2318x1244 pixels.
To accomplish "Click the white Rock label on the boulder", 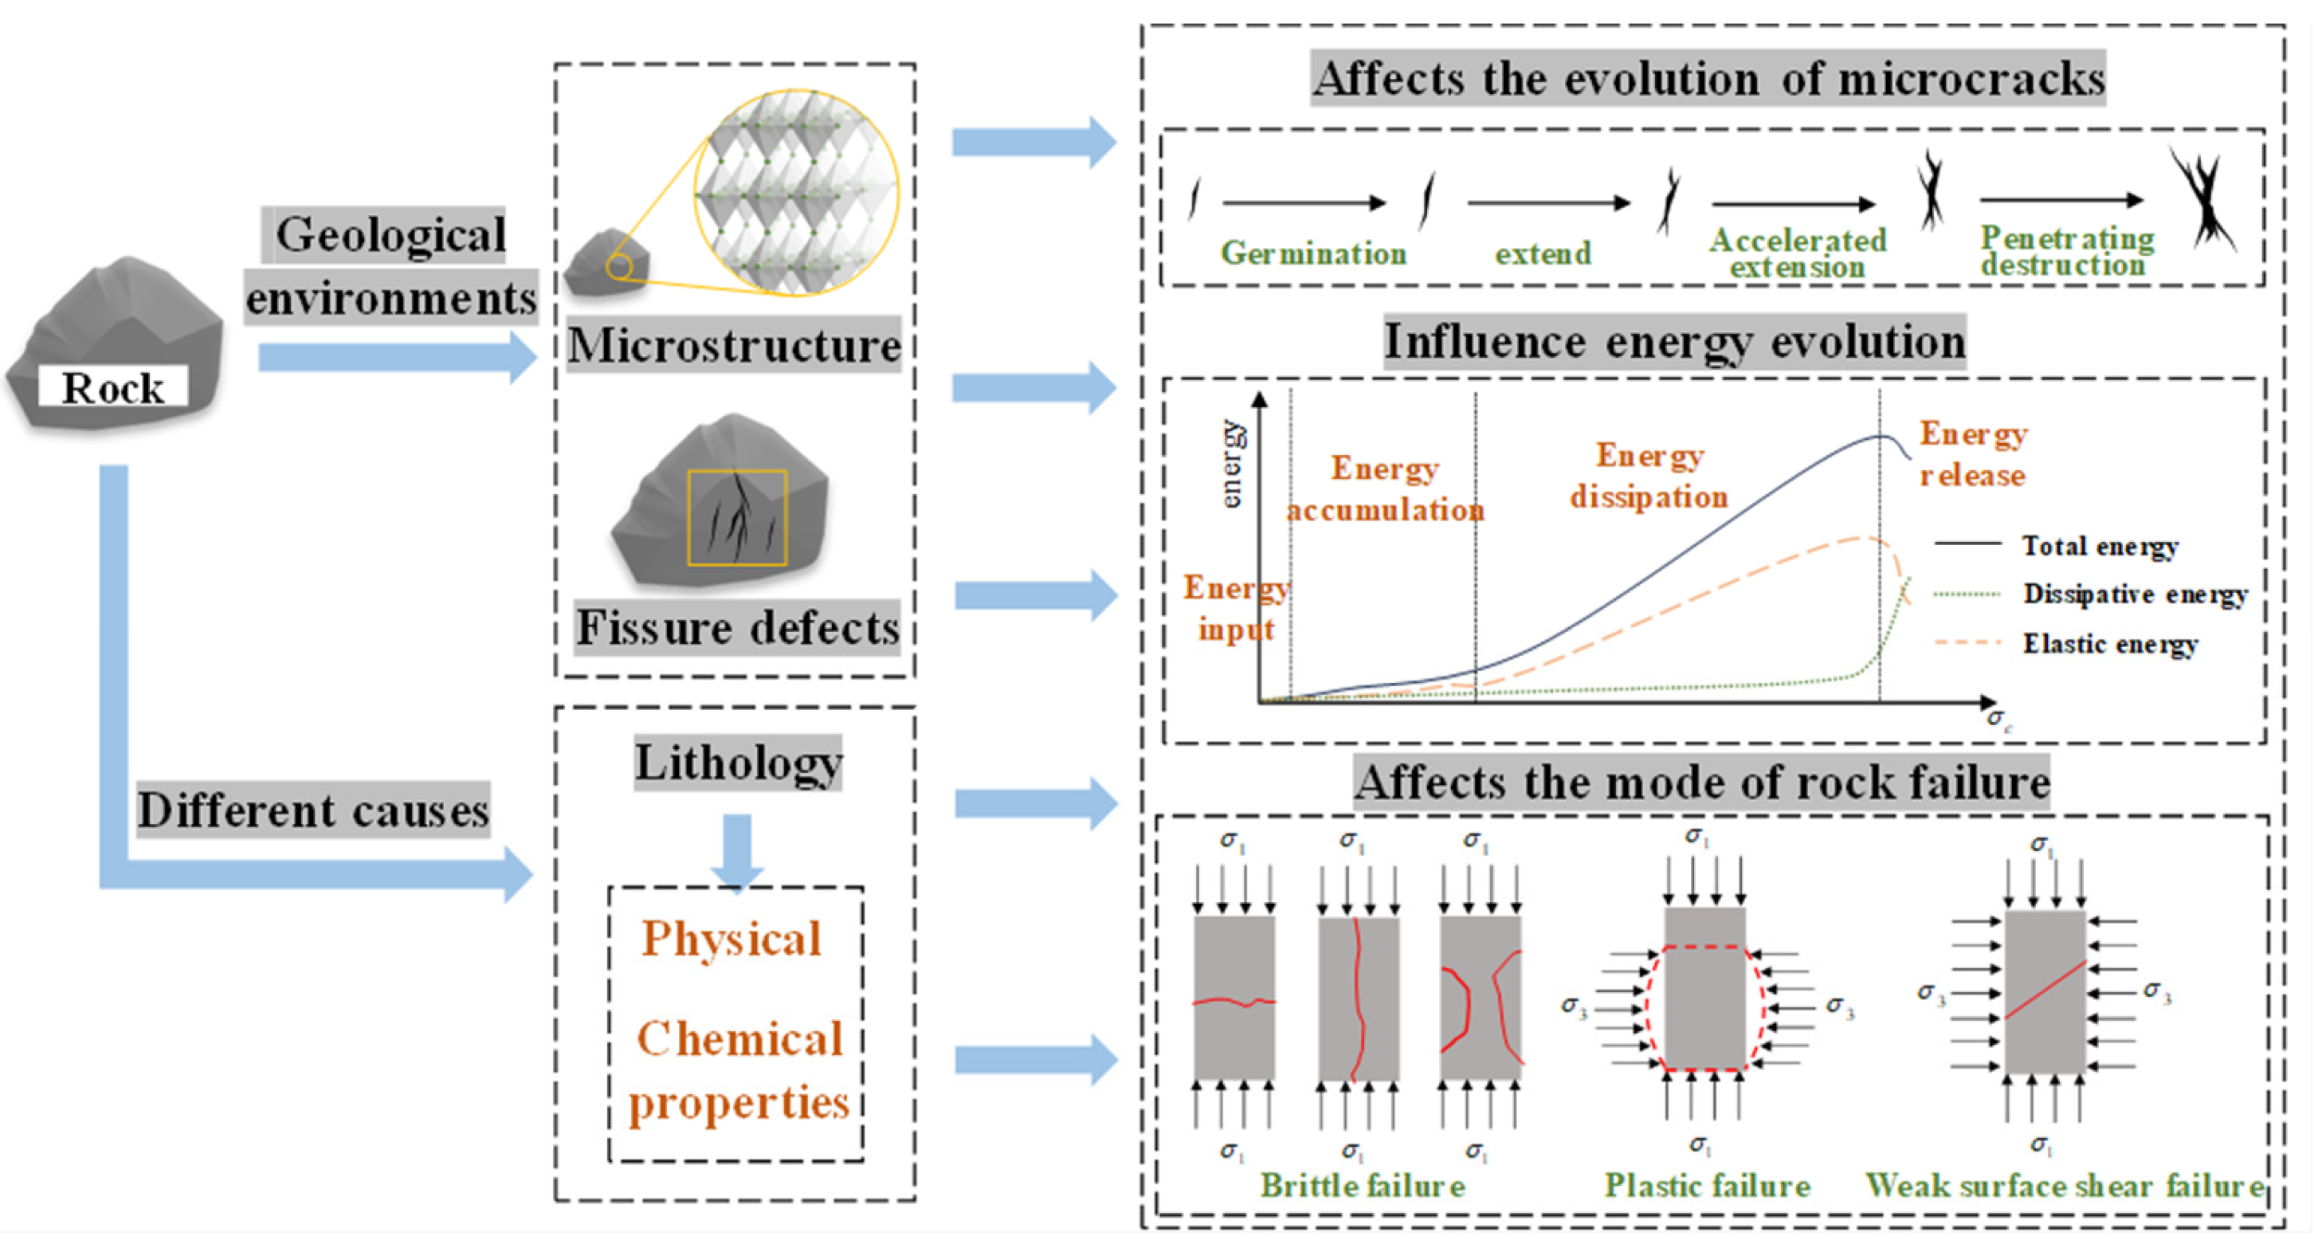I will click(113, 388).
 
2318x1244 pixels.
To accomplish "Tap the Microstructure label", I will click(733, 346).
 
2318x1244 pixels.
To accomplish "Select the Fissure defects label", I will click(737, 627).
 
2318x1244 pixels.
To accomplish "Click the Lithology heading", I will click(738, 763).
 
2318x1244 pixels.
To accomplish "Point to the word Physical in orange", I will click(731, 939).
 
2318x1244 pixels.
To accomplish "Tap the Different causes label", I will click(313, 810).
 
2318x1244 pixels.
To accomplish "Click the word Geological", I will click(390, 235).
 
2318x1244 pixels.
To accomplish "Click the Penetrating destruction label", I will click(2067, 251).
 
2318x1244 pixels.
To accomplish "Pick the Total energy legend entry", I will click(2100, 545).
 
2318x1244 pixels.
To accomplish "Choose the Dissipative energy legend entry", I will click(2135, 594).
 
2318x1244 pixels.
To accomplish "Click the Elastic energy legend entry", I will click(2110, 644).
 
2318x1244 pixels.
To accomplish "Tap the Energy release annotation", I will click(1972, 454).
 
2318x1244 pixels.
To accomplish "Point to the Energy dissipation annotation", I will click(1649, 477).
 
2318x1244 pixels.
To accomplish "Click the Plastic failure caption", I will click(1707, 1186).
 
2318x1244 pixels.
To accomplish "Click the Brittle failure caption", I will click(1363, 1186).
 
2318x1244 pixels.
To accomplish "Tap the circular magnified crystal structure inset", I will click(795, 192).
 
